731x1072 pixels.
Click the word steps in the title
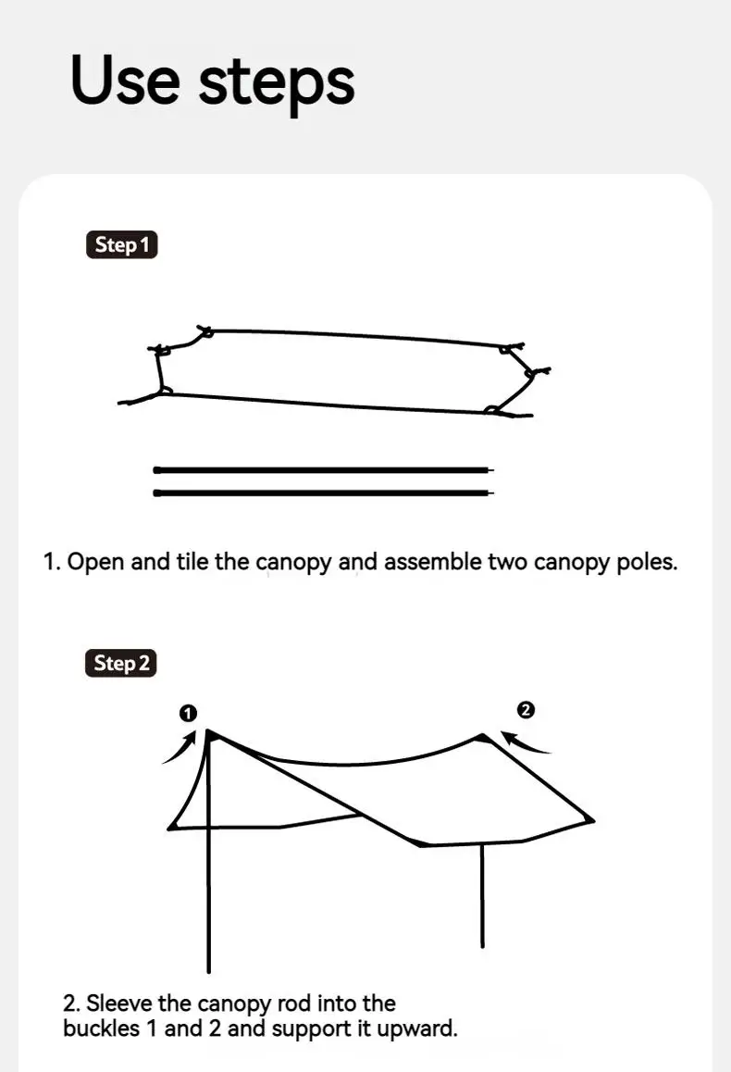click(x=277, y=83)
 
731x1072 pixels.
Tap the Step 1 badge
click(x=122, y=245)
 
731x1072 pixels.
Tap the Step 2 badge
click(x=122, y=664)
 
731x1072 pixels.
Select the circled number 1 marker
click(x=188, y=713)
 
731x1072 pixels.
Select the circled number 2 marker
click(x=526, y=710)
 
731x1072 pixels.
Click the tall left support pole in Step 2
click(x=209, y=879)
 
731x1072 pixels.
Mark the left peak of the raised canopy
click(x=210, y=731)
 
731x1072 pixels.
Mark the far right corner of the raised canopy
click(x=592, y=819)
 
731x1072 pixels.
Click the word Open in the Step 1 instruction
click(x=96, y=562)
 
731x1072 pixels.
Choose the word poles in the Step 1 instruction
click(x=646, y=562)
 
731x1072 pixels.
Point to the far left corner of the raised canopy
click(x=169, y=827)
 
